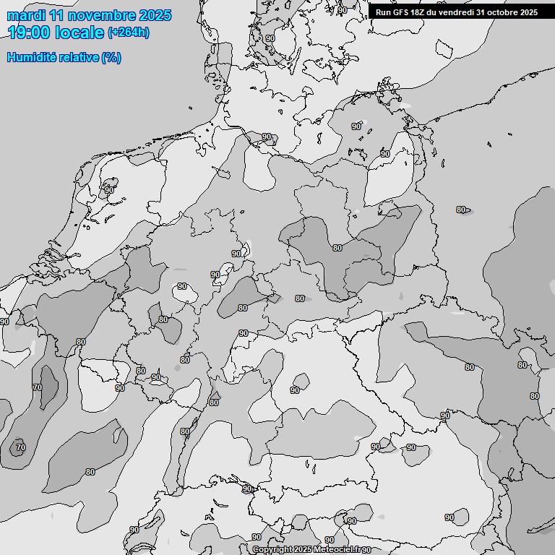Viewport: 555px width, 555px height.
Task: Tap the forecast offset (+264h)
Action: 128,33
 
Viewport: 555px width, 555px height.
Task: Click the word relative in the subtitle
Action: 77,57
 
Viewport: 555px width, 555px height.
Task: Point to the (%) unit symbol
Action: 111,57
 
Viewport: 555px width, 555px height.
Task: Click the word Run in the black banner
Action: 383,12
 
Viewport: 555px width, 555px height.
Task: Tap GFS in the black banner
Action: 401,12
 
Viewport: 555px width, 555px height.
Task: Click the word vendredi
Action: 457,12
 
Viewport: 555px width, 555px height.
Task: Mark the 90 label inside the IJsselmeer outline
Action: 109,190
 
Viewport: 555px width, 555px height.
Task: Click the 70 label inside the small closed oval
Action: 20,447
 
